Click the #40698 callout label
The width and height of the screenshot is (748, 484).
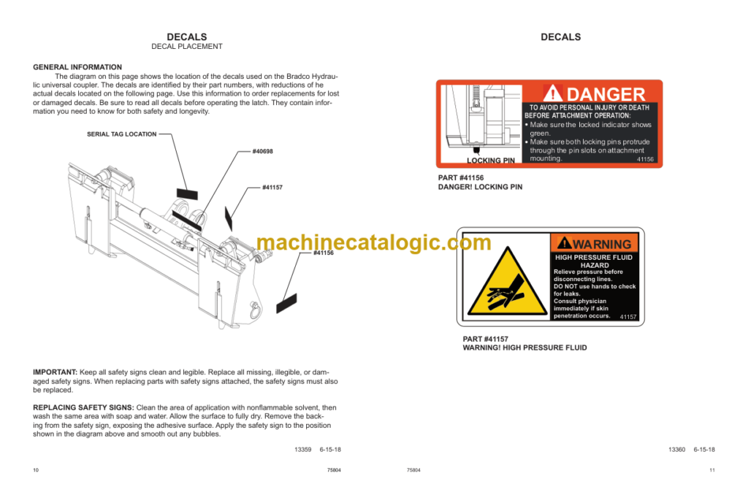point(262,151)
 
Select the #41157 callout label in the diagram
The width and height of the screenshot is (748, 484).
point(272,188)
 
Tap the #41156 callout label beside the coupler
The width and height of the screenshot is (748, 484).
point(324,253)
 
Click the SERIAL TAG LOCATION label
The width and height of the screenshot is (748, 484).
point(122,134)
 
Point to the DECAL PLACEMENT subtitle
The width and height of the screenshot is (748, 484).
point(187,46)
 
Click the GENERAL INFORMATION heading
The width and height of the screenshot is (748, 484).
point(77,67)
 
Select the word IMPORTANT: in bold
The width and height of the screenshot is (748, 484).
point(55,372)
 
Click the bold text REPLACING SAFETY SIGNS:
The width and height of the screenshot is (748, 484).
point(83,407)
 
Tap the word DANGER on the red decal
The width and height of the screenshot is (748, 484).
point(606,94)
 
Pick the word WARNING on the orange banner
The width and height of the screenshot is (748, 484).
point(602,244)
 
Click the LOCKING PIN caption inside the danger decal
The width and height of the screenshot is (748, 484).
point(491,160)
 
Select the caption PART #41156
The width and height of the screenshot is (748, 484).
point(461,178)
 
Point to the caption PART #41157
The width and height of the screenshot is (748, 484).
point(486,339)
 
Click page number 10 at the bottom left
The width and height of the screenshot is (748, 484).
point(36,470)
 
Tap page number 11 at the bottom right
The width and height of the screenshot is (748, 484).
point(712,470)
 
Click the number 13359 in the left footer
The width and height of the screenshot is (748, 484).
point(303,450)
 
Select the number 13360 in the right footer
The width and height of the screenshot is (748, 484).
point(677,450)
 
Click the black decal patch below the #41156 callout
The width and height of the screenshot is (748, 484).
point(286,304)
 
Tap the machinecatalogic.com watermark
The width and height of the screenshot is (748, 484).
point(374,242)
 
